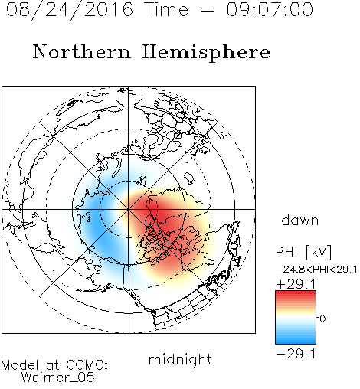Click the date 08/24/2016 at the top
[70, 10]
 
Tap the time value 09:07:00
[270, 9]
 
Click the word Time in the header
[166, 9]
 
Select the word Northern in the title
[82, 51]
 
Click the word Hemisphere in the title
[206, 53]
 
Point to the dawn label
[300, 220]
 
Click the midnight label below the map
[180, 359]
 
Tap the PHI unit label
[286, 252]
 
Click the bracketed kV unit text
[318, 252]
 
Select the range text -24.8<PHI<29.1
[316, 270]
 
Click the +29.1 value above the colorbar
[296, 284]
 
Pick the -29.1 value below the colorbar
[296, 354]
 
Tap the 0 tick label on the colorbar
[322, 319]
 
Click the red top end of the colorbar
[296, 293]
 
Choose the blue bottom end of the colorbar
[296, 342]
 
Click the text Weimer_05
[58, 377]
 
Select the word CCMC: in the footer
[87, 365]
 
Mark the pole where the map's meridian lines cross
[129, 209]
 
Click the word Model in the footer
[20, 365]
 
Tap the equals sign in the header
[208, 10]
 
